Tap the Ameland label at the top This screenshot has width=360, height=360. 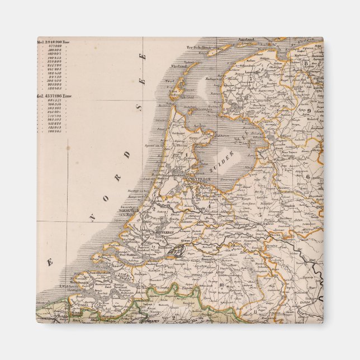[246, 40]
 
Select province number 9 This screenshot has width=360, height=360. [309, 111]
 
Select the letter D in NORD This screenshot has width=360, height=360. [127, 155]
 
